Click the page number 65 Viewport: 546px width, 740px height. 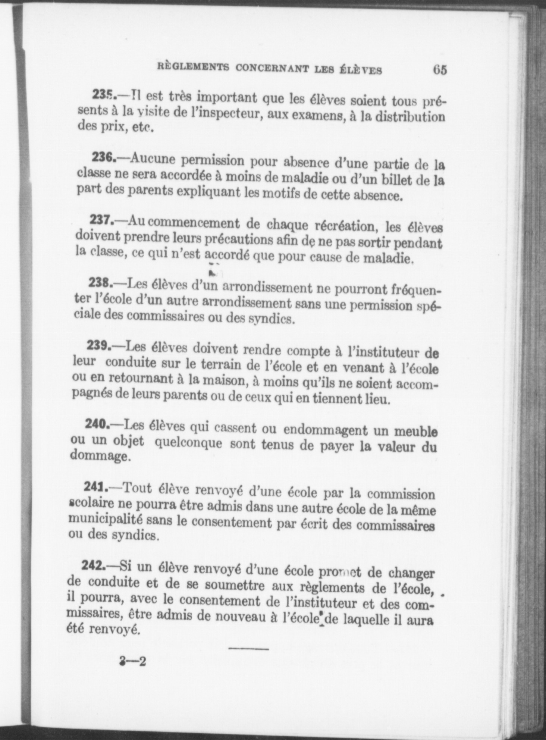[x=440, y=70]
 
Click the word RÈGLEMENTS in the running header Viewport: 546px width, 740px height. [x=193, y=67]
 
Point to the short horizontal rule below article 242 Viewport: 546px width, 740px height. [x=249, y=649]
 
